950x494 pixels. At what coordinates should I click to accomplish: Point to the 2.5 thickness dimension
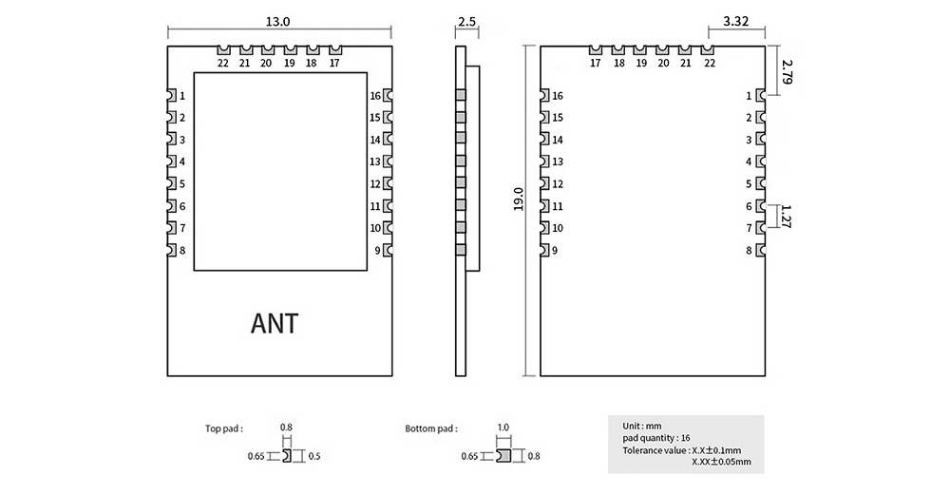pos(466,21)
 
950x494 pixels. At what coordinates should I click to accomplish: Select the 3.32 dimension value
pos(737,21)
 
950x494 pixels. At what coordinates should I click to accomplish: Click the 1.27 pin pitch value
pos(787,218)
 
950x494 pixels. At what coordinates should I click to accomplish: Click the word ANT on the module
pos(274,324)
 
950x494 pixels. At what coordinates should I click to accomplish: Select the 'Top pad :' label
pos(225,428)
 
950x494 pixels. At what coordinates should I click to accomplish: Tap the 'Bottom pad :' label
pos(431,428)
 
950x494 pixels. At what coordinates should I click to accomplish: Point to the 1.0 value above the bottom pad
pos(503,428)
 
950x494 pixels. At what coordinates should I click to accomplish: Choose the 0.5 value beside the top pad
pos(315,457)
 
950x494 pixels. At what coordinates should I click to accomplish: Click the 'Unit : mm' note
pos(642,425)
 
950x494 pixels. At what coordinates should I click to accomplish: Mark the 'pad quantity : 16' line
pos(656,437)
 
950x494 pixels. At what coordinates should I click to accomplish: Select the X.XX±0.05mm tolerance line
pos(722,462)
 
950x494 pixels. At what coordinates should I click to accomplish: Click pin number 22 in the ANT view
pos(222,64)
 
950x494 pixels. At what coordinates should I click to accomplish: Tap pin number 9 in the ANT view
pos(377,250)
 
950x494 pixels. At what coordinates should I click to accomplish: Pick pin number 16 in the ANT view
pos(375,96)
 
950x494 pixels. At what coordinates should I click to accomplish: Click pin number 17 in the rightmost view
pos(596,64)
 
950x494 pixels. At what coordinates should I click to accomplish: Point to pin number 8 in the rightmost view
pos(749,250)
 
